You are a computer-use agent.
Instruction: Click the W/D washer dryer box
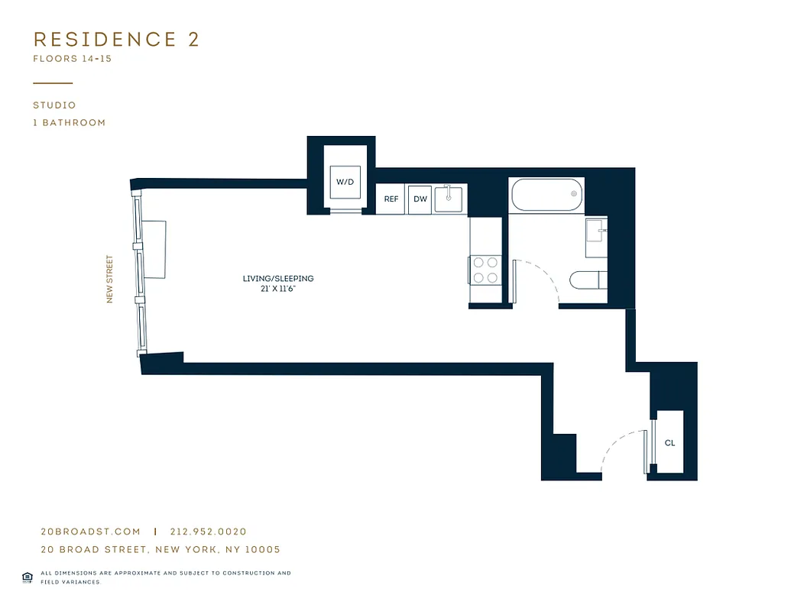tap(345, 182)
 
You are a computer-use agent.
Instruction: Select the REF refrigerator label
tap(391, 199)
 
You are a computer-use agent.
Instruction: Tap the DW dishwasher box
tap(420, 199)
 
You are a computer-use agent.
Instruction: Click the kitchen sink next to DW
tap(449, 199)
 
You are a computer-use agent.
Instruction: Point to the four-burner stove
tap(485, 270)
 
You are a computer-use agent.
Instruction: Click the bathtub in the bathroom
tap(546, 195)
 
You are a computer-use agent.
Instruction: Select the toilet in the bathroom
tap(588, 280)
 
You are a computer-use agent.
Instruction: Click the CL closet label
tap(669, 443)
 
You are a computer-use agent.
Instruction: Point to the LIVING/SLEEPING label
tap(278, 279)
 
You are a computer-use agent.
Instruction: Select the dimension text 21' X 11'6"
tap(278, 289)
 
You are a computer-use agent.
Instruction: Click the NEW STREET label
tap(109, 279)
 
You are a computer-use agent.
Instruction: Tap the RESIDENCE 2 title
tap(116, 40)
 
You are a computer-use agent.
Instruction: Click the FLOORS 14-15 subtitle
tap(72, 59)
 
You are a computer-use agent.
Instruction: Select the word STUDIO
tap(54, 105)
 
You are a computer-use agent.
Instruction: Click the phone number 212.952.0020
tap(209, 532)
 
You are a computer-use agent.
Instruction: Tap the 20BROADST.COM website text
tap(90, 532)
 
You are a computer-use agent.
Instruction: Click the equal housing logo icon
tap(28, 577)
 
